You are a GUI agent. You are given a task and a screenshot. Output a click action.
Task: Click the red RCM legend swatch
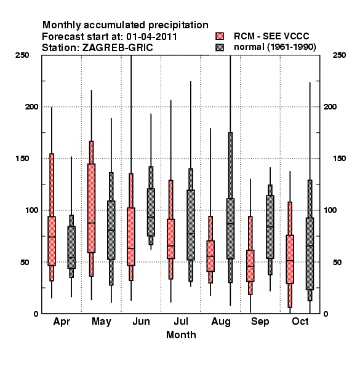pyautogui.click(x=220, y=36)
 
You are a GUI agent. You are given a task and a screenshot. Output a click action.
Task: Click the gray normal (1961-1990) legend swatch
pyautogui.click(x=220, y=47)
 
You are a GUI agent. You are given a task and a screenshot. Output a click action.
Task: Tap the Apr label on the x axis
pyautogui.click(x=62, y=322)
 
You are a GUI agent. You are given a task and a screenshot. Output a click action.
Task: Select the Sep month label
pyautogui.click(x=260, y=322)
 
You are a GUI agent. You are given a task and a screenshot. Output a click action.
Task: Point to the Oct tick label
pyautogui.click(x=300, y=321)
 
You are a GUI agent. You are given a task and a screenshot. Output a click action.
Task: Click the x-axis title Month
pyautogui.click(x=181, y=335)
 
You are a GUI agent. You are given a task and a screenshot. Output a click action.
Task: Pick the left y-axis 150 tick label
pyautogui.click(x=22, y=159)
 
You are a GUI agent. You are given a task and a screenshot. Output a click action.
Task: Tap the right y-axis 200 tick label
pyautogui.click(x=330, y=106)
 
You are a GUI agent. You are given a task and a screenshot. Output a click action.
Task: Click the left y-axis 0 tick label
pyautogui.click(x=36, y=314)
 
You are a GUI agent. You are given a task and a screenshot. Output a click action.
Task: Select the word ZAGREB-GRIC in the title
pyautogui.click(x=118, y=47)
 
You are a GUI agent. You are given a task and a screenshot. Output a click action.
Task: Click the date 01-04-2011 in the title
pyautogui.click(x=151, y=36)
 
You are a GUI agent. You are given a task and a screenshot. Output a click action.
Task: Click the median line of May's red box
pyautogui.click(x=91, y=223)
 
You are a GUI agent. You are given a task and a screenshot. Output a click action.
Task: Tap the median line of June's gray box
pyautogui.click(x=151, y=217)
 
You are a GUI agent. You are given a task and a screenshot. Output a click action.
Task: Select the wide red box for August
pyautogui.click(x=210, y=256)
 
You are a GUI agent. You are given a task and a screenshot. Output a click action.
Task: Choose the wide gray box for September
pyautogui.click(x=270, y=227)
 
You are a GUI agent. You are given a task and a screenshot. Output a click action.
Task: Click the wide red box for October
pyautogui.click(x=290, y=259)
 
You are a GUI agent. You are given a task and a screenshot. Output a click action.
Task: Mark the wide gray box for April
pyautogui.click(x=71, y=247)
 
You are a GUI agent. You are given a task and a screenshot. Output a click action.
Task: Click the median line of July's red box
pyautogui.click(x=170, y=245)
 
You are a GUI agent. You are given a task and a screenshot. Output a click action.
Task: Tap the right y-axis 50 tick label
pyautogui.click(x=337, y=262)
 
